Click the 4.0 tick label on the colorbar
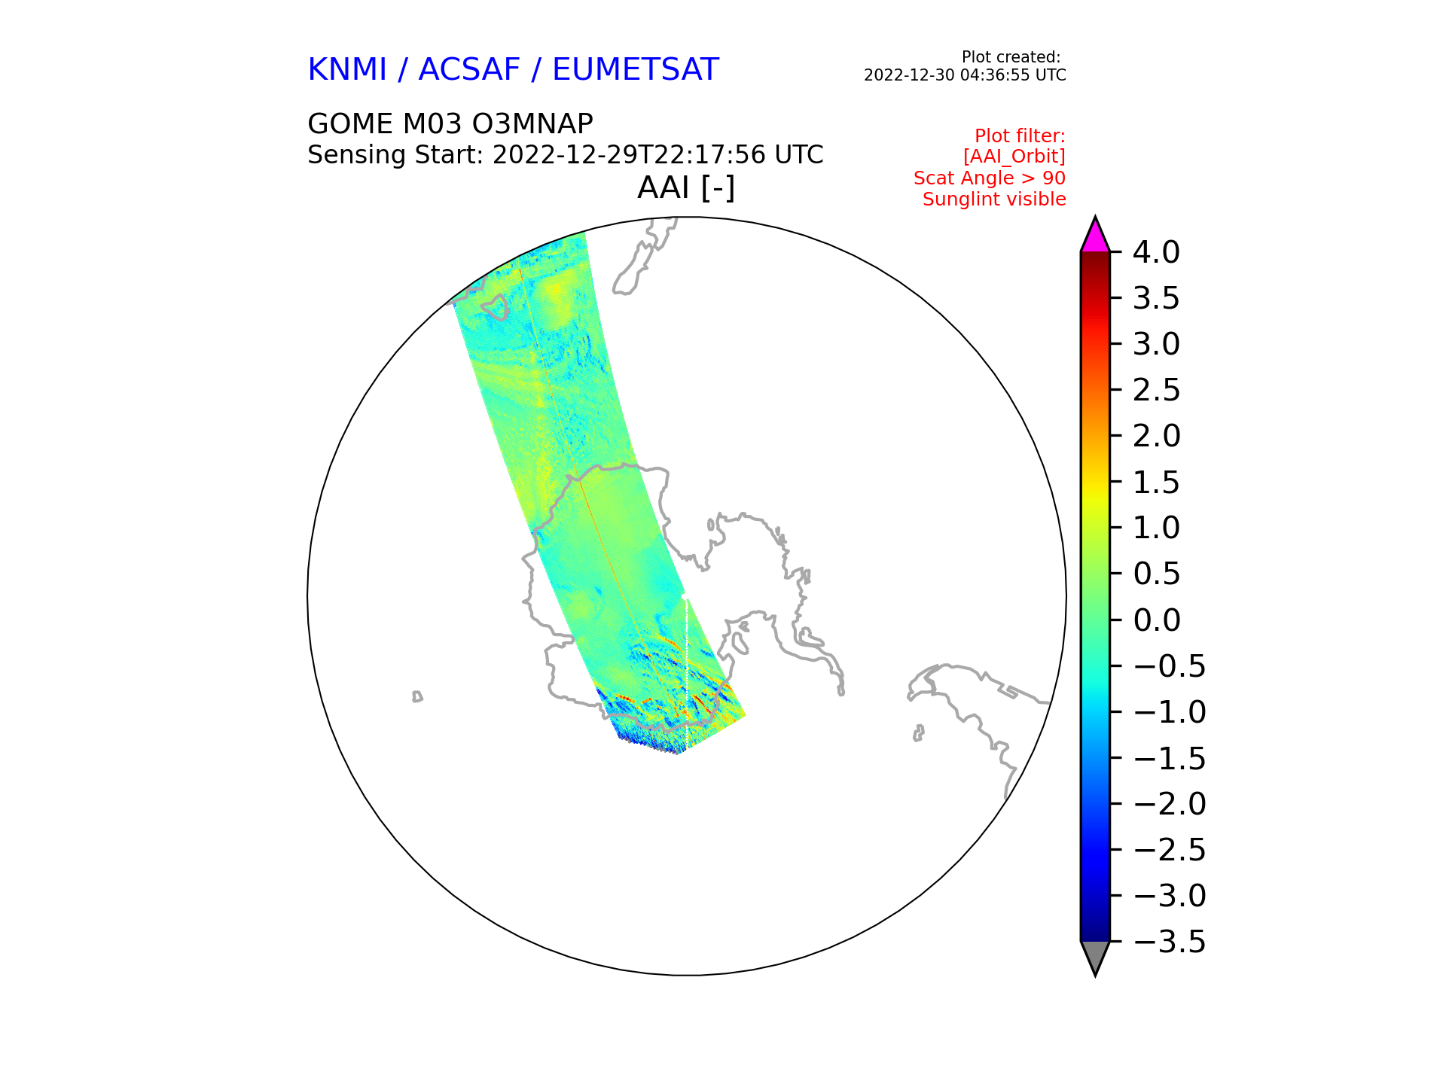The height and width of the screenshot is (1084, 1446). click(1156, 252)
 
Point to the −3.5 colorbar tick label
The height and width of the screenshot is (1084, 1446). click(1170, 942)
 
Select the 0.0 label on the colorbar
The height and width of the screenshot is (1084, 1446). click(1156, 620)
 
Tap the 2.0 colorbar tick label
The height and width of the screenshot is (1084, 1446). click(1156, 436)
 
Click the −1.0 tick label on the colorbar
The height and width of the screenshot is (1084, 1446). click(1170, 712)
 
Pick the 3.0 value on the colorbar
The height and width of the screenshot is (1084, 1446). click(1156, 344)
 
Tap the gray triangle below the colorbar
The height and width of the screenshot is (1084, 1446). click(1095, 957)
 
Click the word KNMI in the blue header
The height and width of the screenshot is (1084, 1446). click(347, 70)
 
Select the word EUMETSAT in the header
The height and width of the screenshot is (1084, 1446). click(636, 70)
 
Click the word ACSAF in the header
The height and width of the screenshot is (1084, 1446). click(469, 70)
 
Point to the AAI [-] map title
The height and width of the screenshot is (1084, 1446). click(686, 188)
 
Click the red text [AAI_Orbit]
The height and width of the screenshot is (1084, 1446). click(1014, 157)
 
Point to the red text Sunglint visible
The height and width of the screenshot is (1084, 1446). click(994, 199)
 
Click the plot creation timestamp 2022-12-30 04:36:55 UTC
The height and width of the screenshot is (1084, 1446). click(965, 75)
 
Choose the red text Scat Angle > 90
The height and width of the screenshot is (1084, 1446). click(990, 178)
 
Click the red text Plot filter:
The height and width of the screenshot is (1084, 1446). click(1020, 136)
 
